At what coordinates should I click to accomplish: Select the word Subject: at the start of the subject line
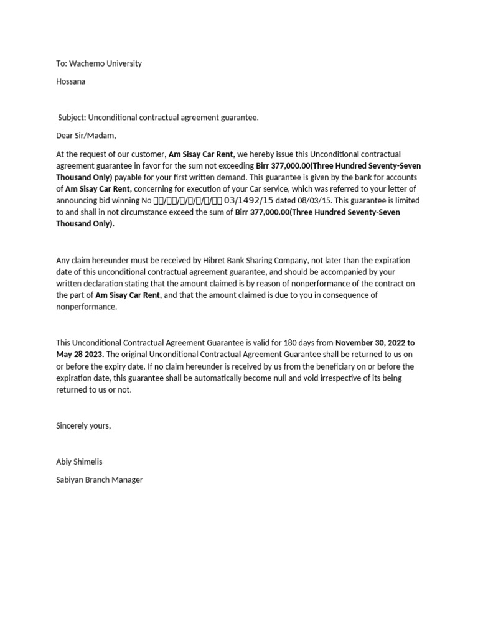72,117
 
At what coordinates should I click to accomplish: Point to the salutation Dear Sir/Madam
86,135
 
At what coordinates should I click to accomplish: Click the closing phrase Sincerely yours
83,425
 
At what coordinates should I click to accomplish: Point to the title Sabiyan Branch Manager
100,480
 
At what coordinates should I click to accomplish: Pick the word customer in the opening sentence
148,154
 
